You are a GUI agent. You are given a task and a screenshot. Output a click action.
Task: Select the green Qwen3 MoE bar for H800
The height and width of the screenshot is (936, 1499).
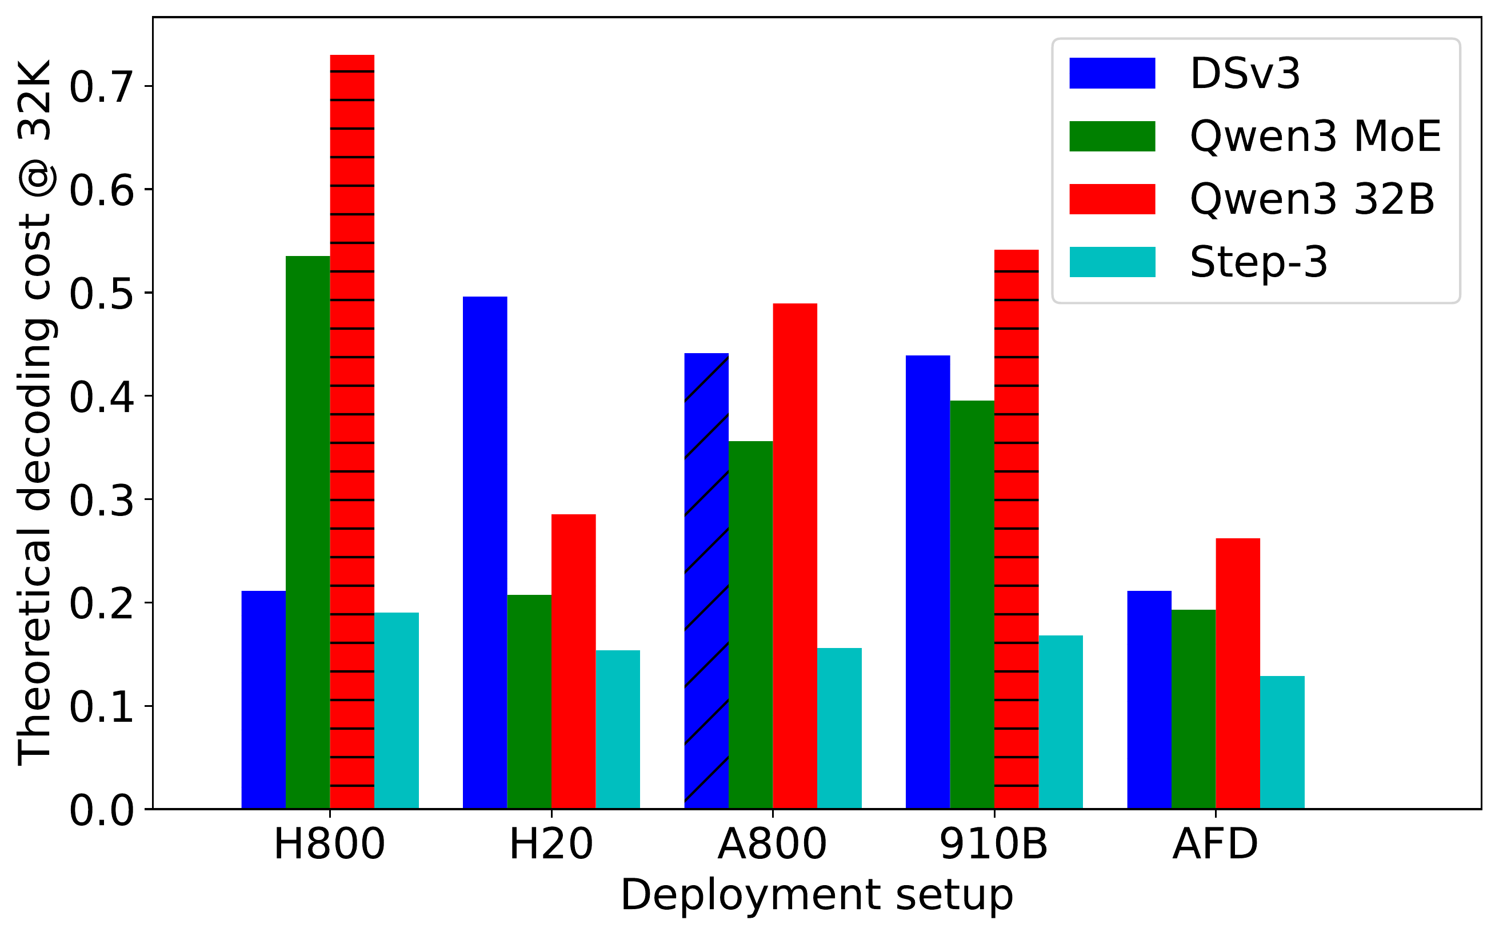coord(307,533)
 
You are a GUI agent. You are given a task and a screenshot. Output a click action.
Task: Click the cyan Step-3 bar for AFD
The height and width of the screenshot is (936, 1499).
coord(1282,742)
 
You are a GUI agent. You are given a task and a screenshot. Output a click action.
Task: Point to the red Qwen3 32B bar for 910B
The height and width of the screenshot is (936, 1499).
coord(1016,529)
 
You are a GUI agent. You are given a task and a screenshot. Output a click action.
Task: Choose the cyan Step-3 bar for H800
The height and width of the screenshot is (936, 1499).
coord(396,711)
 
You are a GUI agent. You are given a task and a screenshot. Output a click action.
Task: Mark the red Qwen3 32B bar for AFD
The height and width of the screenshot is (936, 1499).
coord(1238,674)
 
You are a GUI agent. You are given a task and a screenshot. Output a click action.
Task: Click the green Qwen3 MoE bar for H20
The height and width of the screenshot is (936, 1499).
coord(529,702)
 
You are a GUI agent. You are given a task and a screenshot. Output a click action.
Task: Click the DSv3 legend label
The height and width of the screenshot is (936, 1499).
coord(1245,74)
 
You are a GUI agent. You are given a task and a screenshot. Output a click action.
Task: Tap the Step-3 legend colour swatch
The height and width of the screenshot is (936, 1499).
coord(1112,262)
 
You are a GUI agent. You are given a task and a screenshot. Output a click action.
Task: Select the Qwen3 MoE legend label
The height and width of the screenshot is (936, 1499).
coord(1315,136)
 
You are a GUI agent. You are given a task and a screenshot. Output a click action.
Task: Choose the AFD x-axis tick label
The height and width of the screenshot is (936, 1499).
coord(1215,845)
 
